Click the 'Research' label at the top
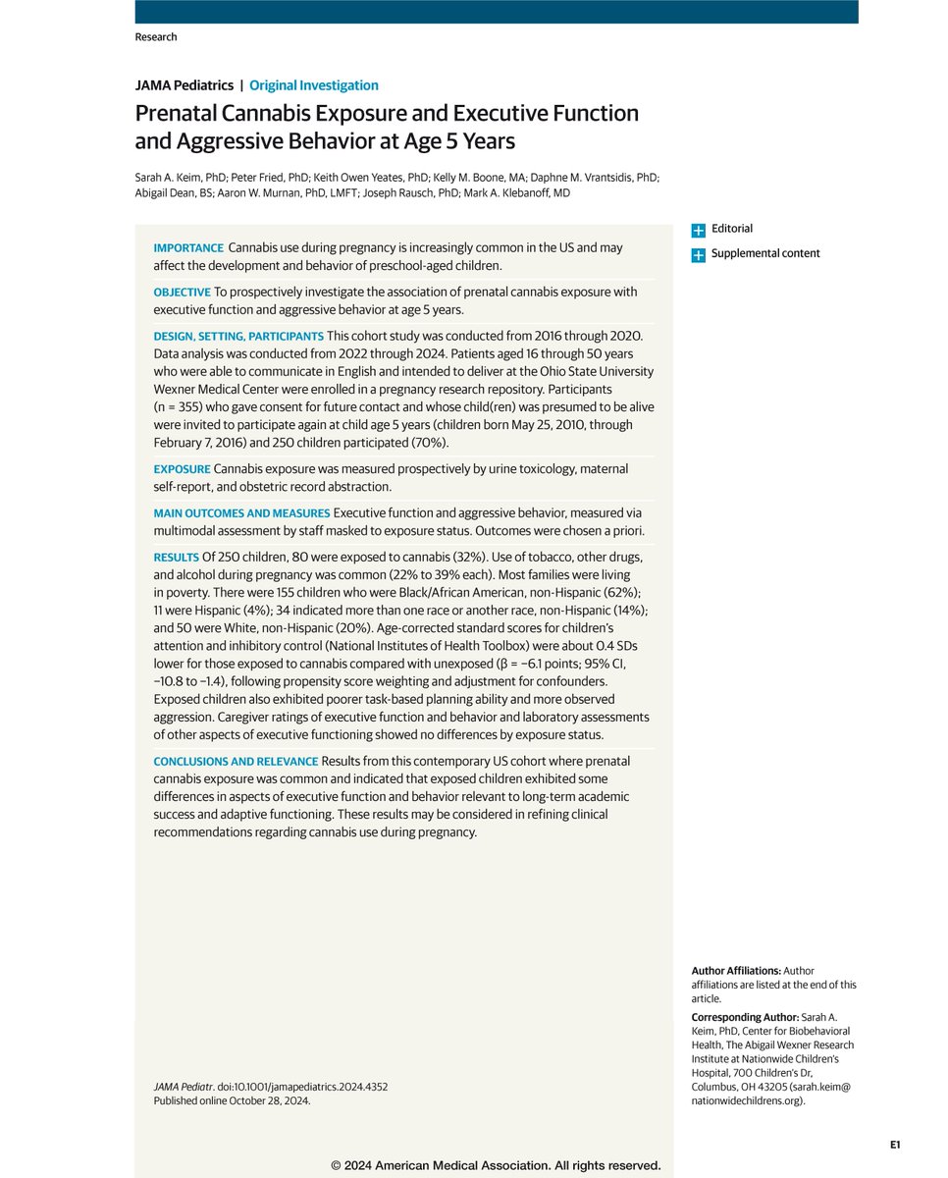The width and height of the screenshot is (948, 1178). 156,37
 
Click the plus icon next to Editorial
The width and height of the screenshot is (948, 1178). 698,230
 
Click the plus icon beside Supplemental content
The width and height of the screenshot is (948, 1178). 698,255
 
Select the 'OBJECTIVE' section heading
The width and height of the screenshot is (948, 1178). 183,293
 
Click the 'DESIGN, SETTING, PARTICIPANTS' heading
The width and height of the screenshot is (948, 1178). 238,336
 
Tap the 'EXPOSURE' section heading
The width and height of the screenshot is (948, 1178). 182,469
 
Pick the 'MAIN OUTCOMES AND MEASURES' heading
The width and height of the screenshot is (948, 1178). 241,513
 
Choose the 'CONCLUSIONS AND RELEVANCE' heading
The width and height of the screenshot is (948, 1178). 236,762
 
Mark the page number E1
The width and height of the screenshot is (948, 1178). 895,1145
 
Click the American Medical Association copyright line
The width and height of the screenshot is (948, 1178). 496,1166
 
